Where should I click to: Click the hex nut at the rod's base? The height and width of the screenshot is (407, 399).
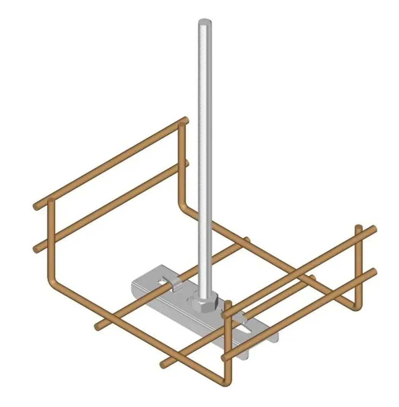coord(205,304)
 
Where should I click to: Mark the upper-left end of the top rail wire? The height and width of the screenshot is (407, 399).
coord(36,207)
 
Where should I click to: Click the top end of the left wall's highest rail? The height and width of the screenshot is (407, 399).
coord(185,120)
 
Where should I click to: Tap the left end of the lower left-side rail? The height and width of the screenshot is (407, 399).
coord(36,249)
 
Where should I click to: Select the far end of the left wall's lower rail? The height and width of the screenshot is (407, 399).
coord(186,163)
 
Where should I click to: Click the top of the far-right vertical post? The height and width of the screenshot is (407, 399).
coord(358,228)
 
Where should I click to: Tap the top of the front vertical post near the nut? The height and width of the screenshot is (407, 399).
coord(228,304)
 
